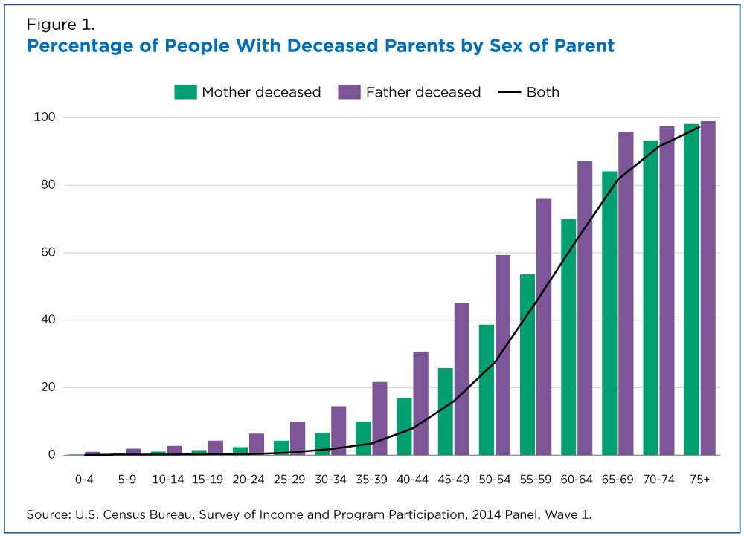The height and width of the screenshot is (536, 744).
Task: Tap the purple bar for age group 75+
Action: pyautogui.click(x=708, y=288)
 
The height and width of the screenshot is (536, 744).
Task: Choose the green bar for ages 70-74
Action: pyautogui.click(x=651, y=297)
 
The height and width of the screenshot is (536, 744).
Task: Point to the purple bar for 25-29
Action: pyautogui.click(x=298, y=438)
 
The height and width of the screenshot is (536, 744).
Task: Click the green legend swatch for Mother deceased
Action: pyautogui.click(x=185, y=92)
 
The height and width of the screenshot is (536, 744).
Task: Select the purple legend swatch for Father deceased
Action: pyautogui.click(x=350, y=92)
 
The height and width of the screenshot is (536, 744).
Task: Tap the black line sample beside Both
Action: pyautogui.click(x=510, y=92)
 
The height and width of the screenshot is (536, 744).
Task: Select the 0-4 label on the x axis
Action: pyautogui.click(x=84, y=480)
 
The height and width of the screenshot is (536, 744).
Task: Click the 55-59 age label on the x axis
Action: pyautogui.click(x=536, y=480)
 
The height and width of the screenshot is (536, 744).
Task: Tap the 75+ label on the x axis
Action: pyautogui.click(x=699, y=480)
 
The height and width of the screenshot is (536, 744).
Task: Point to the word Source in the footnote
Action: pyautogui.click(x=46, y=514)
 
